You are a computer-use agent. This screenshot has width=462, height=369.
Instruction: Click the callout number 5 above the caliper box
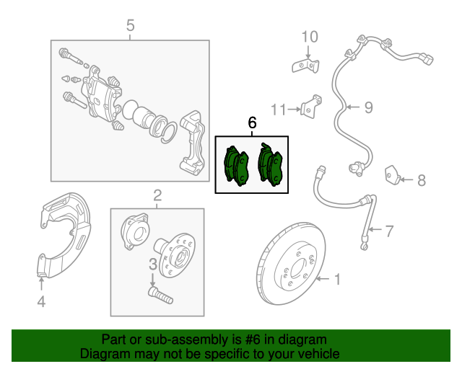tap(130, 25)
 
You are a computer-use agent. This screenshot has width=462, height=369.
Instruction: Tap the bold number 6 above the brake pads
tap(252, 123)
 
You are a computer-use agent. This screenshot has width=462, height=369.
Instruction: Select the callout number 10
tap(310, 37)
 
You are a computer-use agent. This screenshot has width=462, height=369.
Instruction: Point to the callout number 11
tap(279, 110)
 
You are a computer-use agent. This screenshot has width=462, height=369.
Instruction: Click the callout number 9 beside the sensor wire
tap(369, 107)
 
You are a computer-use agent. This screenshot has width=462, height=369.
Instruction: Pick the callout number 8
tap(422, 180)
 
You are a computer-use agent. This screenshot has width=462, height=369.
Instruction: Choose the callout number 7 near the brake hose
tap(389, 231)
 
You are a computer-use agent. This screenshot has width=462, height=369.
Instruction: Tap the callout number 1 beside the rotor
tap(338, 279)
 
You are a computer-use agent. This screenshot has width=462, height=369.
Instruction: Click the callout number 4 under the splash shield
tap(41, 302)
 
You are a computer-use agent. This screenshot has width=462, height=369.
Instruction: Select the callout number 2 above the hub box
tap(157, 195)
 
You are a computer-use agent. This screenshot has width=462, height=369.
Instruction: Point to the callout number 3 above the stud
tap(152, 264)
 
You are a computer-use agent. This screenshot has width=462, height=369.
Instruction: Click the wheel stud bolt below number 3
tap(160, 295)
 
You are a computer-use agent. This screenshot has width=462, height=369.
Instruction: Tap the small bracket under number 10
tap(305, 66)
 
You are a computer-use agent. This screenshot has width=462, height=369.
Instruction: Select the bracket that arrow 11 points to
tap(311, 106)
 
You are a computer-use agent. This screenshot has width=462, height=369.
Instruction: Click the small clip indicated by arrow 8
tap(392, 175)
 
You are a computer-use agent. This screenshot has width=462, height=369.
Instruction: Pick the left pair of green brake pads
tap(236, 166)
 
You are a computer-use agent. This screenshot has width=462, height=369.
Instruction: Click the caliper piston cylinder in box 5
tap(144, 117)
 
